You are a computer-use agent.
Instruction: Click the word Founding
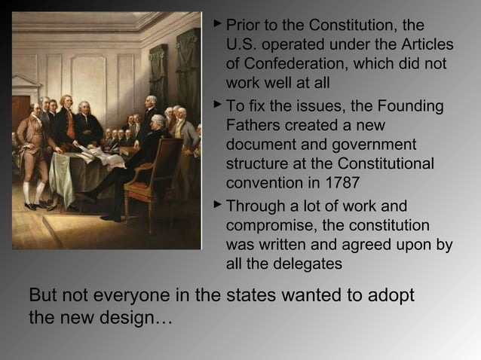416,106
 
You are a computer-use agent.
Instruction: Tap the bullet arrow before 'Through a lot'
216,206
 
